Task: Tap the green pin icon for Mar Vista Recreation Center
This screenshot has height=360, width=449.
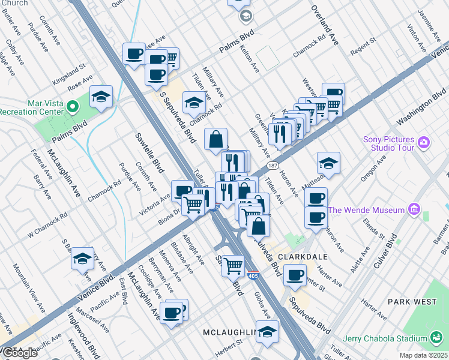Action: coord(73,107)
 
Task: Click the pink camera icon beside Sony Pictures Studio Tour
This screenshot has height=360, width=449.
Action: coord(424,142)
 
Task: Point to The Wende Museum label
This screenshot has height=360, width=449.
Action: coord(366,210)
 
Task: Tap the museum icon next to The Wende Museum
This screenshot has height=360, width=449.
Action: coord(413,209)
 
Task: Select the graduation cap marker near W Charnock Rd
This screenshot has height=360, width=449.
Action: coord(82,258)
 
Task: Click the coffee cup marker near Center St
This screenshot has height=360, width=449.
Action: coord(294,275)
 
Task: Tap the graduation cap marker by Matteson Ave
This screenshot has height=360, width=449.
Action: coord(328,163)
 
